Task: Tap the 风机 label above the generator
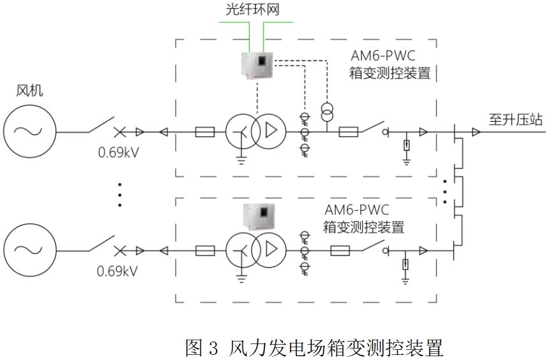pos(30,91)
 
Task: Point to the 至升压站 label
pos(516,119)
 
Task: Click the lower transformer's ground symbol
pos(240,275)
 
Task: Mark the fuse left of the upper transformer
pos(205,132)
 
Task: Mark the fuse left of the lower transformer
pos(205,250)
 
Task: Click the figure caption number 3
pos(213,348)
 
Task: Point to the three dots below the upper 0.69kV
pos(119,194)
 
